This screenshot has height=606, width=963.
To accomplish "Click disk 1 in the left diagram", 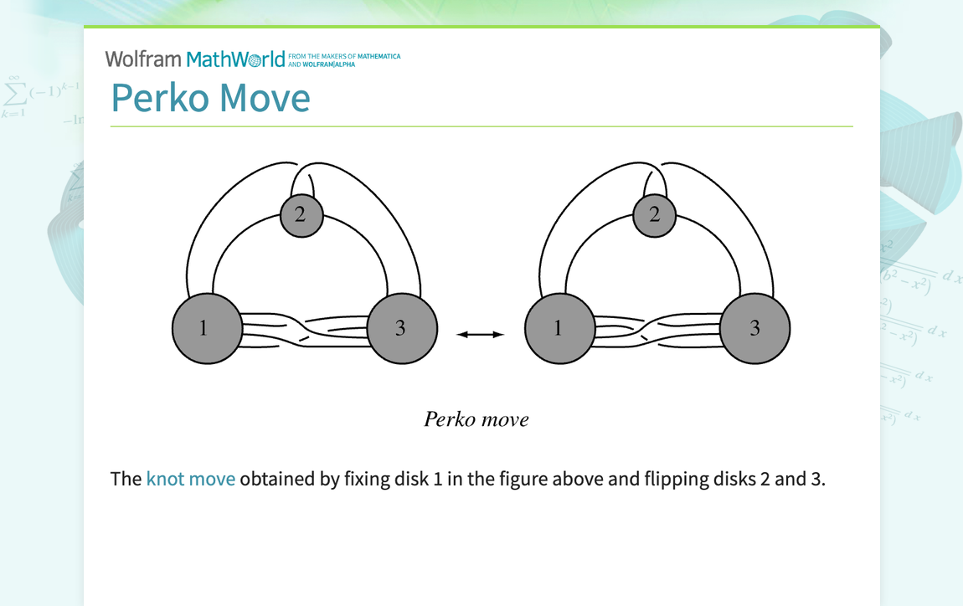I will tap(205, 328).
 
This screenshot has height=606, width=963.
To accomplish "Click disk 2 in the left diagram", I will tap(300, 214).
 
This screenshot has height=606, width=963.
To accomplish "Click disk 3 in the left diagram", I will tap(402, 328).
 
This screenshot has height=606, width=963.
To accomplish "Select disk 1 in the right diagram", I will tap(559, 328).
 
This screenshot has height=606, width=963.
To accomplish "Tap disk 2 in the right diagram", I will tap(654, 214).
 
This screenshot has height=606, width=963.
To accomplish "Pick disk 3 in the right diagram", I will tap(755, 328).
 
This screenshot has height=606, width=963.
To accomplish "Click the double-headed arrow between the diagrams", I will tap(481, 335).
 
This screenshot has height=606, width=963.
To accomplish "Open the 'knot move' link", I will tap(190, 480).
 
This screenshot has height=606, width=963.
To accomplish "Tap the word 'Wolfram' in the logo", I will tap(143, 59).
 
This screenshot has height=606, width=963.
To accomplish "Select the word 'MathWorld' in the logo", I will tap(235, 59).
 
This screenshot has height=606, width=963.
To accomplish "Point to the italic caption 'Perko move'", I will tap(476, 419).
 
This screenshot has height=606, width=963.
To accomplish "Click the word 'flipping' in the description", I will tap(672, 480).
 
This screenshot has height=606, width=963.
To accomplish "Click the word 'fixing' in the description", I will tap(367, 480).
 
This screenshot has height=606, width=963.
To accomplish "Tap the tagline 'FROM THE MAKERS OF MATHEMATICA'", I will tap(344, 56).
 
